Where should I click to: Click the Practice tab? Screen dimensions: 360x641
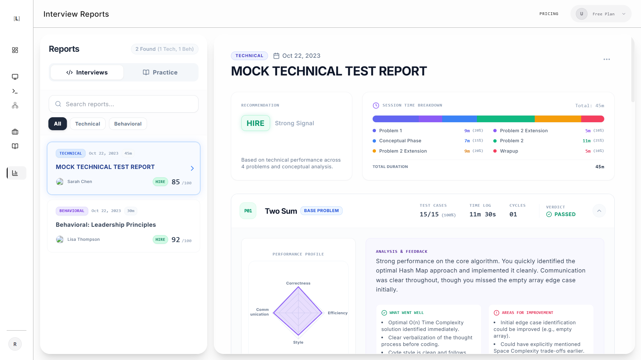(x=160, y=72)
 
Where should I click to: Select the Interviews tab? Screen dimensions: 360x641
(x=87, y=72)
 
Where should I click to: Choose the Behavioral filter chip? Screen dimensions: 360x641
(x=128, y=124)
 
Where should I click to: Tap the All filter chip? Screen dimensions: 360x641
(x=57, y=124)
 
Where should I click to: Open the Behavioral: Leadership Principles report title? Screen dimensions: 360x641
(x=106, y=225)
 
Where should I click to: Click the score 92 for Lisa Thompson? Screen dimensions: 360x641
(x=175, y=240)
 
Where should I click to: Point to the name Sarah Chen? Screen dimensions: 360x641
(x=80, y=182)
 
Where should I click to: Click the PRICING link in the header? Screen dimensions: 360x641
(x=549, y=14)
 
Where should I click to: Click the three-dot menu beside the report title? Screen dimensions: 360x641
(x=607, y=59)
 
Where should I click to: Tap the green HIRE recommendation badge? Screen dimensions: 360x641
(x=255, y=123)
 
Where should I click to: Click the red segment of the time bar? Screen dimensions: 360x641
(x=593, y=119)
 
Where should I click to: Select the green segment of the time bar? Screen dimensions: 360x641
(x=506, y=119)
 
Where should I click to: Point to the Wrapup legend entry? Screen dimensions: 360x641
(x=509, y=151)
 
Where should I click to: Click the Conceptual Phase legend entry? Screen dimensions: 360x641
(x=400, y=141)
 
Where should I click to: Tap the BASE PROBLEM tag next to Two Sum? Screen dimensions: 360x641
(x=321, y=211)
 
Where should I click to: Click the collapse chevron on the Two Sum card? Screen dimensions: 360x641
(x=599, y=211)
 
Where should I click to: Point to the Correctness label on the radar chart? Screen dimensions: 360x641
(x=298, y=283)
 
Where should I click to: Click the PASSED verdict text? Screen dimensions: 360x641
(x=565, y=214)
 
